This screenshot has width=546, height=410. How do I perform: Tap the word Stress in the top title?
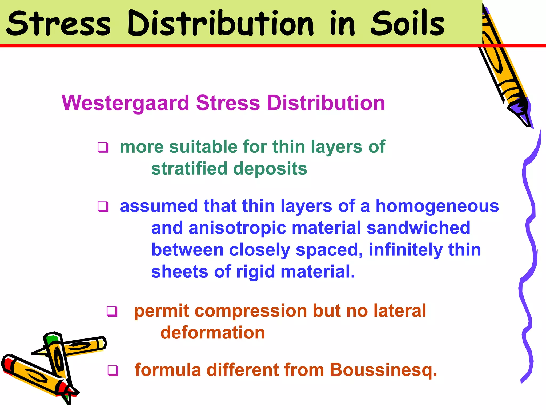(58, 24)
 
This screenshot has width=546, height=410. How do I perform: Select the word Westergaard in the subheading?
(125, 103)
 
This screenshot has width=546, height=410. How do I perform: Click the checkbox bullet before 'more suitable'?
(103, 147)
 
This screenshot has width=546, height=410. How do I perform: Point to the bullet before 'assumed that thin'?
(103, 206)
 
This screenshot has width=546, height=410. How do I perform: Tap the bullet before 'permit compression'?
(112, 311)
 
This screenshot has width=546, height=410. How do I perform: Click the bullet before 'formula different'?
(113, 370)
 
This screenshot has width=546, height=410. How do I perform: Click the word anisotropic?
(237, 228)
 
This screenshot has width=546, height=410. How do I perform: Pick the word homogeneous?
(437, 206)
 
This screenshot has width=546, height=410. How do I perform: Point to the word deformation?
(212, 333)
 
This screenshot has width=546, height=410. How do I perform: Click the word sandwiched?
(418, 228)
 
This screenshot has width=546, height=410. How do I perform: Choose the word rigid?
(255, 272)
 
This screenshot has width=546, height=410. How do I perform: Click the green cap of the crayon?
(52, 340)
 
